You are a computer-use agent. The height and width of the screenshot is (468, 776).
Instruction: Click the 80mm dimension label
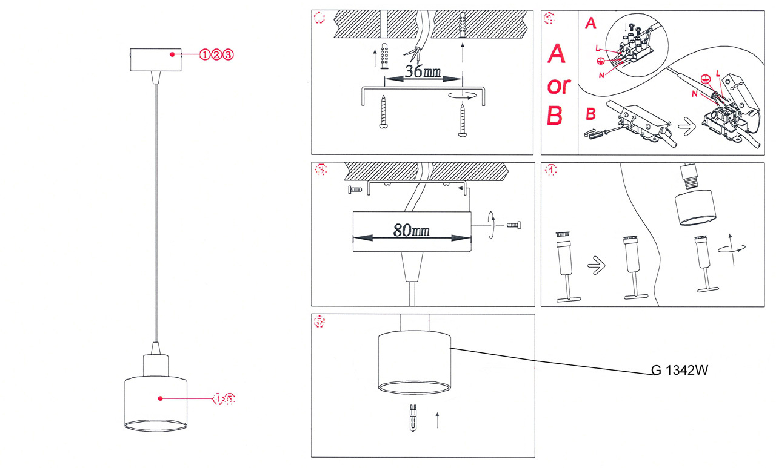click(412, 231)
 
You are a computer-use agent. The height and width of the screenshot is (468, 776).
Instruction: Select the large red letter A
click(557, 54)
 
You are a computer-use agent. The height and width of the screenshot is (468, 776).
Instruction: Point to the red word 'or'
click(558, 86)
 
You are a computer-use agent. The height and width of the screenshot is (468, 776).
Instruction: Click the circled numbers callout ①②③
click(216, 55)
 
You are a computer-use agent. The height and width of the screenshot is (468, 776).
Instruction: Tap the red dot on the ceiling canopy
click(173, 54)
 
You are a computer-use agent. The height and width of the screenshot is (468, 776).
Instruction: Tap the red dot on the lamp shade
click(160, 398)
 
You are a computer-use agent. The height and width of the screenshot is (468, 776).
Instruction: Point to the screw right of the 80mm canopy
click(513, 226)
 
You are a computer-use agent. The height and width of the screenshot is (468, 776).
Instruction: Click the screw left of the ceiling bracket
click(355, 190)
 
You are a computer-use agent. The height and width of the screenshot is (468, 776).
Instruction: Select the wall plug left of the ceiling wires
click(383, 57)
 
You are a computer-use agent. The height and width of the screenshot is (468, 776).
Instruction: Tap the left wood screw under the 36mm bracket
click(383, 112)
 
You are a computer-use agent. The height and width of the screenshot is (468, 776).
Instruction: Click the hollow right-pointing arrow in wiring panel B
click(686, 129)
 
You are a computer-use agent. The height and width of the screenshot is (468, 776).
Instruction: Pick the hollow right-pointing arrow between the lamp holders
click(596, 265)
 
